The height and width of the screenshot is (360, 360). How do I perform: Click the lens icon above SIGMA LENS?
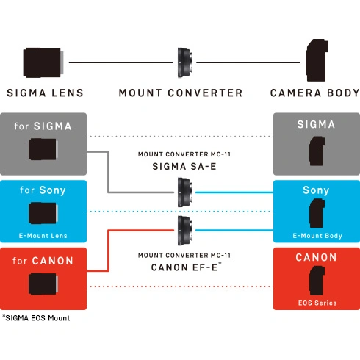[43, 62]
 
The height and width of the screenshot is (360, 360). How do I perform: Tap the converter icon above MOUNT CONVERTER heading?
[185, 62]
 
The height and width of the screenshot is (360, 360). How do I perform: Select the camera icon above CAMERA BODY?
[317, 60]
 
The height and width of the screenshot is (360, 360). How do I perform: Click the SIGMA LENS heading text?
[46, 93]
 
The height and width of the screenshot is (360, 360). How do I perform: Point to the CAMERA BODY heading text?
[314, 93]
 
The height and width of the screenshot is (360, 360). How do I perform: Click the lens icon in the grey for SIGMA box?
[43, 149]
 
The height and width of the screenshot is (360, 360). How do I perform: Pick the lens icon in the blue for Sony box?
[43, 213]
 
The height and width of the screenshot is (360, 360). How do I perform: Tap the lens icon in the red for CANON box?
[43, 284]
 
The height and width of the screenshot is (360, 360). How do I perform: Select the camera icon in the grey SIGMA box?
[317, 151]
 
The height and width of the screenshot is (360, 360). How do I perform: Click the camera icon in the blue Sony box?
[317, 213]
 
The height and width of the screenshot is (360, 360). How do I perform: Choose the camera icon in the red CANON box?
[317, 281]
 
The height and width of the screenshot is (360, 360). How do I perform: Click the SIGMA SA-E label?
[184, 167]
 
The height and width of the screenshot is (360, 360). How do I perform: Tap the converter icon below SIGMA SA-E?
[185, 192]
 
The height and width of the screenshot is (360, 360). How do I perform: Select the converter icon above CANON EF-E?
[185, 231]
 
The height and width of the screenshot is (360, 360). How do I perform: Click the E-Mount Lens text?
[43, 236]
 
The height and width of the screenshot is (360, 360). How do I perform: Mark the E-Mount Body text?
[317, 236]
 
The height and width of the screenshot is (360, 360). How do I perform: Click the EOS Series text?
[317, 303]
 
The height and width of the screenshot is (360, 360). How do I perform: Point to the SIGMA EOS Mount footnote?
[36, 318]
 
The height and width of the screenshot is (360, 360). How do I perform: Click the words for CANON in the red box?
[43, 261]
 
